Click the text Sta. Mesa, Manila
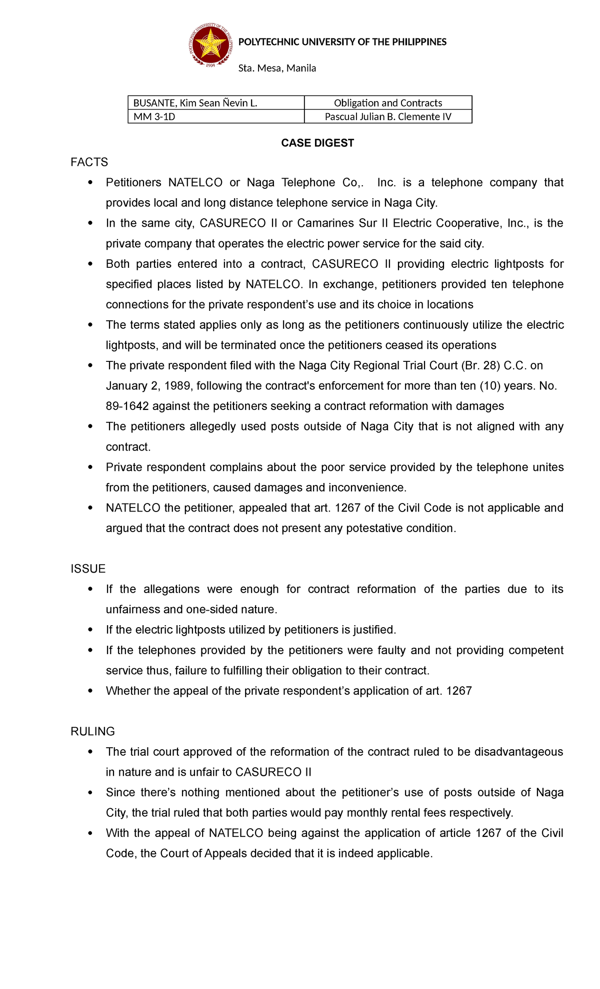click(277, 68)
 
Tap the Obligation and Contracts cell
click(388, 103)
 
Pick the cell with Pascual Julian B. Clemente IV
click(388, 117)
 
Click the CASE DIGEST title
click(317, 143)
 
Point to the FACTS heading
click(89, 162)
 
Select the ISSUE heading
click(88, 569)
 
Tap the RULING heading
click(92, 731)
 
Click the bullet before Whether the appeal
click(90, 691)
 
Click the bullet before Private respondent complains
click(90, 467)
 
